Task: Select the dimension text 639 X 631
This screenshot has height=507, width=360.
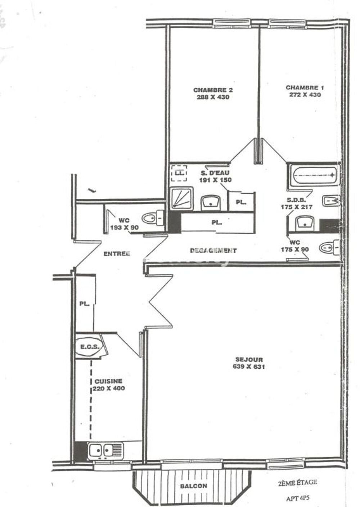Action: pos(249,367)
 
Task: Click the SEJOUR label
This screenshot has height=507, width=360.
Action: pos(249,359)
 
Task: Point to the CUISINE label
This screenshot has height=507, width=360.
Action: pos(108,381)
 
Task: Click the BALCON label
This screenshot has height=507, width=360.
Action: pos(193,486)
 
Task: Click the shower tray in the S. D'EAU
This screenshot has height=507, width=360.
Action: pos(182,198)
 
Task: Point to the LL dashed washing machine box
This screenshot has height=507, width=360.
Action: pos(179,173)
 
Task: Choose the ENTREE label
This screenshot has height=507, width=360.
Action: pos(117,253)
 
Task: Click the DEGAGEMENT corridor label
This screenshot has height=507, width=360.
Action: pos(213,250)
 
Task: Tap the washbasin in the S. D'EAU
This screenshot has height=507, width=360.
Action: pos(211,202)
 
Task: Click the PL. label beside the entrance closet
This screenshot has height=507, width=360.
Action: pos(84,304)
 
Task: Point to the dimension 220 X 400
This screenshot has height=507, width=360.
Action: pos(109,389)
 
